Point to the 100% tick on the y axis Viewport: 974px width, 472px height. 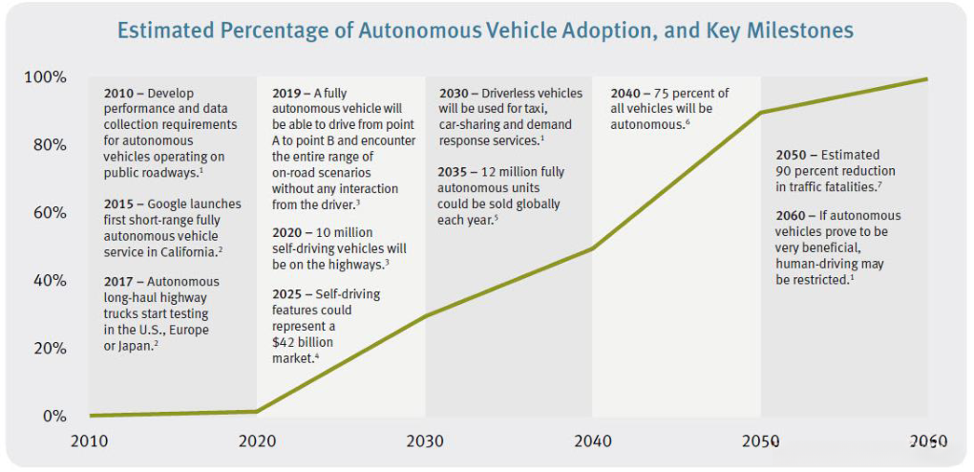[45, 77]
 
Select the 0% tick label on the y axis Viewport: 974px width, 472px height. [53, 417]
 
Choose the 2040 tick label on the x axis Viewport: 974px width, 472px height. [592, 441]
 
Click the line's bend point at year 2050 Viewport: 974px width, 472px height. [761, 113]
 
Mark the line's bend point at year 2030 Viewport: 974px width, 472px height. [425, 315]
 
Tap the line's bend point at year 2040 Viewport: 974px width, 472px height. [593, 248]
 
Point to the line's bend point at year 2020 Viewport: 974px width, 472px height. [257, 412]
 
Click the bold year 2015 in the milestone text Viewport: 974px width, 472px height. [120, 204]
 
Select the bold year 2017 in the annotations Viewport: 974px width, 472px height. [120, 282]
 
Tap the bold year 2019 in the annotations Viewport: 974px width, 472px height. [288, 94]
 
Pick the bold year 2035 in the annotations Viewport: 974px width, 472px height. [455, 172]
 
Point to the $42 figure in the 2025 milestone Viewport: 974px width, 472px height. [284, 341]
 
